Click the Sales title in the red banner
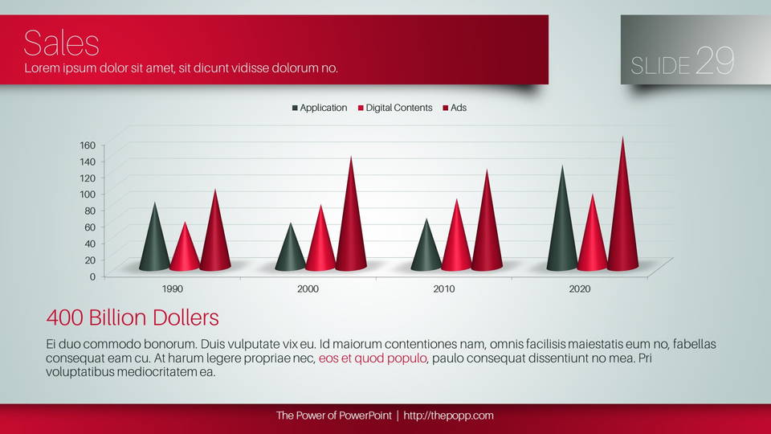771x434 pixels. pos(62,43)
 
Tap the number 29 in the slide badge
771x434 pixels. pos(716,60)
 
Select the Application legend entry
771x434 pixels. pos(320,108)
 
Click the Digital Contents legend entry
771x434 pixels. pos(395,108)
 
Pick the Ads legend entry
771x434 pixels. pos(455,108)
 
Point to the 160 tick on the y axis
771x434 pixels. pos(88,145)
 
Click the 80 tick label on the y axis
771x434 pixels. pos(90,211)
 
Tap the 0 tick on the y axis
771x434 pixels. pos(92,276)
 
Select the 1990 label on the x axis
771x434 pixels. pos(173,289)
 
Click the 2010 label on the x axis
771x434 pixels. pos(444,289)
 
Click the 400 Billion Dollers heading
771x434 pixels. pos(133,318)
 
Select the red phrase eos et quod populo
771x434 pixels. pos(373,358)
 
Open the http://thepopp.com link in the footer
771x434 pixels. pos(448,416)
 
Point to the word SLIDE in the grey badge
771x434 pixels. pos(660,66)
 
